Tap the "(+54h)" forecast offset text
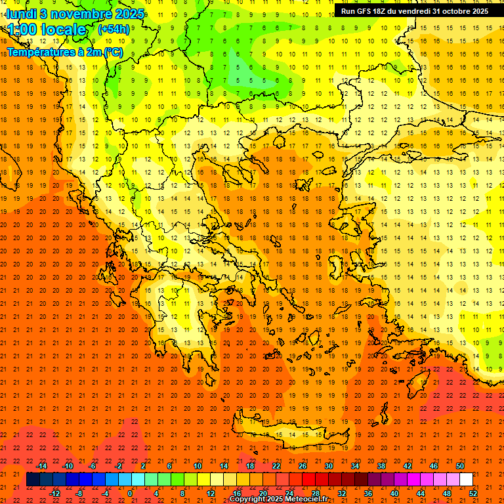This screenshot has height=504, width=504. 113,29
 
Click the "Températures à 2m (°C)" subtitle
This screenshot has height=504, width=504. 64,52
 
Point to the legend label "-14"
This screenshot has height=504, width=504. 41,466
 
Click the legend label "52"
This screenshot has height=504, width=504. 473,493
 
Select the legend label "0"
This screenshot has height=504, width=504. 130,493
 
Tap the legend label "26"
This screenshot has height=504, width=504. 303,466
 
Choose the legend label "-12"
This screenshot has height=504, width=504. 54,493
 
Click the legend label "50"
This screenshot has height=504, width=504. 460,466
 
